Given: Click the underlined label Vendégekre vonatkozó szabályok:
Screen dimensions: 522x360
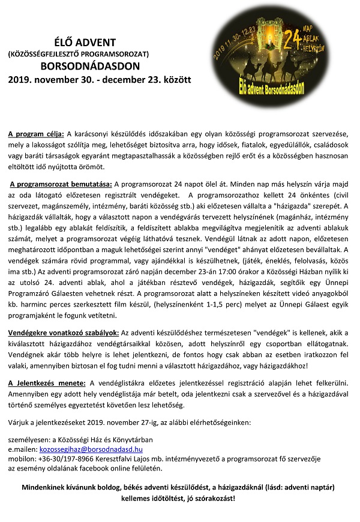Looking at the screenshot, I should [x=63, y=332].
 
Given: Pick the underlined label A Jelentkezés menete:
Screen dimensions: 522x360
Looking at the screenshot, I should [x=47, y=382].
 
